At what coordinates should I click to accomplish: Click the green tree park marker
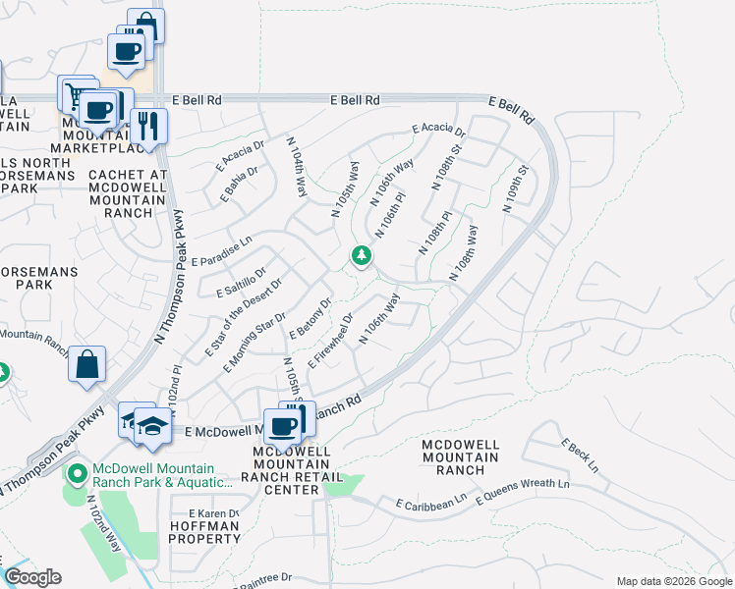coord(362,256)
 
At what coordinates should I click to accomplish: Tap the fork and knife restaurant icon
coord(148,126)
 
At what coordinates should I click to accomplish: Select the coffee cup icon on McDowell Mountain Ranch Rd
coord(283,426)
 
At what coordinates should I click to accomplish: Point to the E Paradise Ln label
coord(222,262)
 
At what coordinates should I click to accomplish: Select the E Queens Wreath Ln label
coord(523,492)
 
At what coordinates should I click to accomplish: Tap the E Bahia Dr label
coord(238,181)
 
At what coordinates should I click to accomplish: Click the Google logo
coord(32,577)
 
